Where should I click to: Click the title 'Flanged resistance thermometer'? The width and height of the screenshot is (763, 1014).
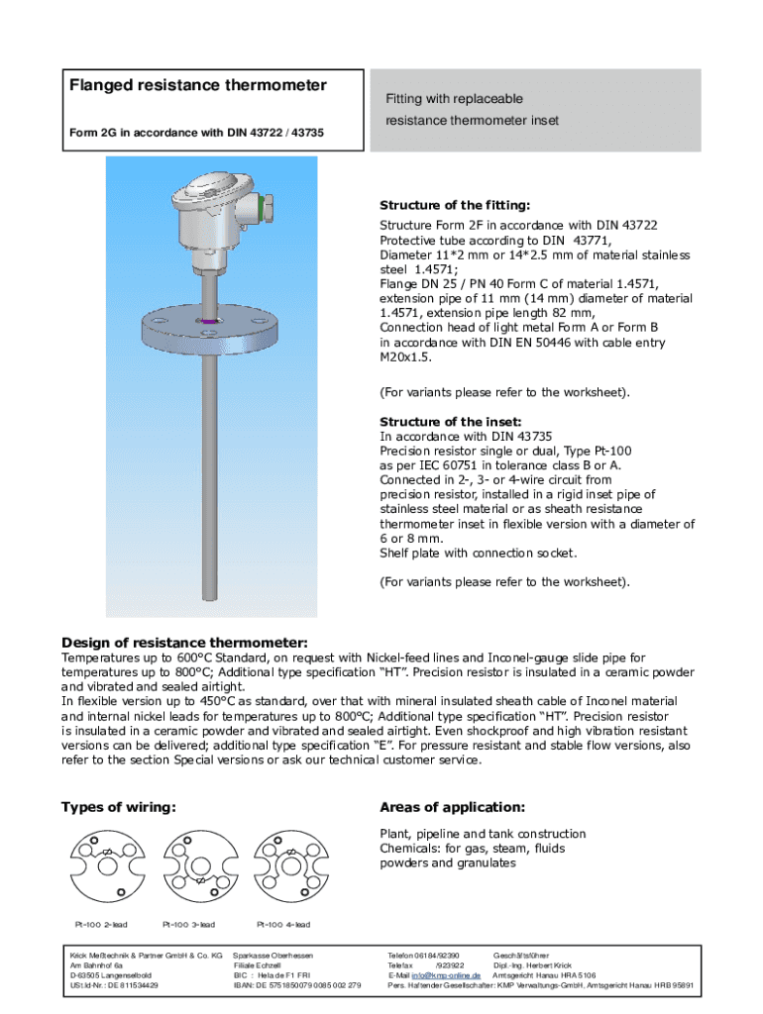197,85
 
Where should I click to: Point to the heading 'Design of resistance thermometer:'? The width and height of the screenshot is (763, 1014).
184,641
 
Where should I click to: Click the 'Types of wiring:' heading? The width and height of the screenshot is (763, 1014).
119,807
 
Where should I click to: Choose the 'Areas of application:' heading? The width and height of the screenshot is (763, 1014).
453,807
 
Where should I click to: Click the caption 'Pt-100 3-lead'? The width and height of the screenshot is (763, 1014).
188,925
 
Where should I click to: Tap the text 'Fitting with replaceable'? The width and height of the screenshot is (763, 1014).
453,99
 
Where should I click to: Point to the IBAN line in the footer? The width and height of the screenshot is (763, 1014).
296,986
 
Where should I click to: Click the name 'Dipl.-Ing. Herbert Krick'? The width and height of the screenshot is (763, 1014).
532,964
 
